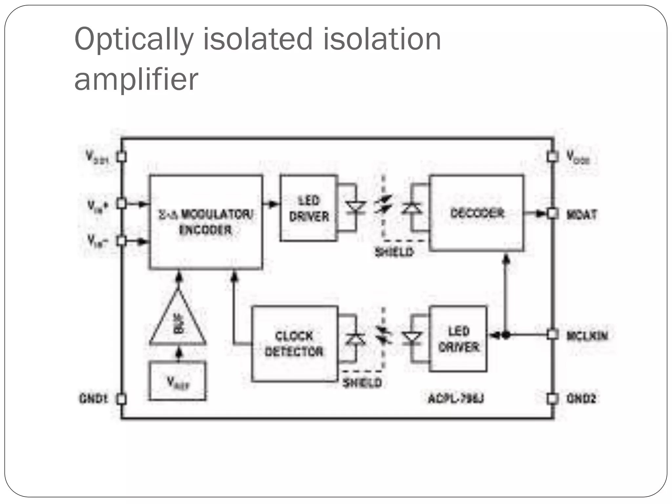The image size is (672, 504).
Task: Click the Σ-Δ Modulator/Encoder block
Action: tap(206, 222)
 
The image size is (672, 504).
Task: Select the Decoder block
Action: tap(476, 213)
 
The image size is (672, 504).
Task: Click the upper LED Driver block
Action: tap(309, 208)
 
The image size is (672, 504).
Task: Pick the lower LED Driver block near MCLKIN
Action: tap(458, 339)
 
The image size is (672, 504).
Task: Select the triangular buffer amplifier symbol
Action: tap(178, 322)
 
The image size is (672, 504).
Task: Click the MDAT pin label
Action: tap(581, 215)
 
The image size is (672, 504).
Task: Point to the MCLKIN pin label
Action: tap(587, 336)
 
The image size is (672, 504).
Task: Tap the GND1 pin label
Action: tap(94, 399)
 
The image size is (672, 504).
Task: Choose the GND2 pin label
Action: tap(581, 399)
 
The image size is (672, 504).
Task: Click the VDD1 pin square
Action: tap(122, 157)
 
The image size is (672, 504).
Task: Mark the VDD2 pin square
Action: tap(553, 157)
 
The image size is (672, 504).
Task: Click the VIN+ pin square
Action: tap(122, 204)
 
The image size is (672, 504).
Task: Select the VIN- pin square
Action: tap(122, 241)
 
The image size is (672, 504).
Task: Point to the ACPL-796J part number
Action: tap(456, 399)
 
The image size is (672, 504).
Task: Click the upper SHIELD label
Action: tap(394, 252)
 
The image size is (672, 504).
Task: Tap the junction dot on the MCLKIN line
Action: tap(506, 335)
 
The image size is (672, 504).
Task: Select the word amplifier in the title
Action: tap(136, 79)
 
